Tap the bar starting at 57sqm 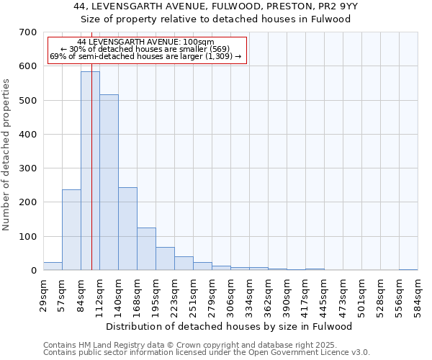point(71,230)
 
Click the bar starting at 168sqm point(146,248)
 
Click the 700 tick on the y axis point(28,32)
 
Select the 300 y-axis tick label point(28,168)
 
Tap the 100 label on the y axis point(28,237)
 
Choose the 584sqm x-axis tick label point(418,294)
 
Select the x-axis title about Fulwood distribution point(234,326)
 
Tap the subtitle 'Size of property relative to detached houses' point(215,19)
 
